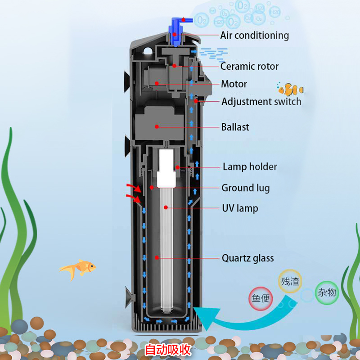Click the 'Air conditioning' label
[254, 36]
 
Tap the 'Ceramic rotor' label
[249, 66]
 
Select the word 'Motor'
[234, 84]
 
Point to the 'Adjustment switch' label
[261, 102]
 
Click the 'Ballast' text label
[235, 127]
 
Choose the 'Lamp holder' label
[250, 167]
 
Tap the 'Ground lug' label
[246, 188]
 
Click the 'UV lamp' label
[240, 208]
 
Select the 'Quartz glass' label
[248, 258]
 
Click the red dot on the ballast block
[157, 126]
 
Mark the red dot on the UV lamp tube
[166, 207]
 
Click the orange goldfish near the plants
[78, 269]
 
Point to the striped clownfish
[290, 89]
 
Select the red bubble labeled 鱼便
[261, 298]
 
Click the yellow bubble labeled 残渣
[290, 281]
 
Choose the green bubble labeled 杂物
[327, 292]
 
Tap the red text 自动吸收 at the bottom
[168, 350]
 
